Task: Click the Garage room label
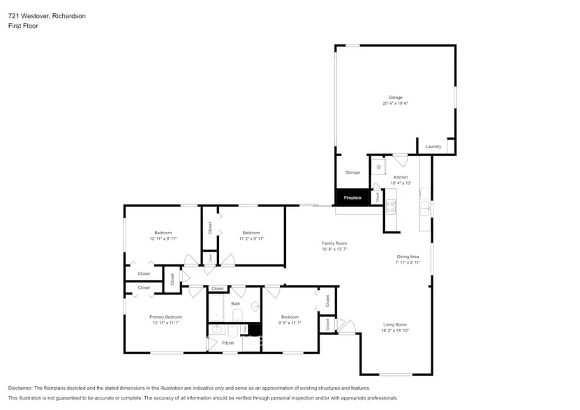tap(395, 97)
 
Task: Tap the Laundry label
tap(433, 146)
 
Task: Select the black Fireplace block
tap(352, 197)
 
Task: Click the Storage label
tap(352, 172)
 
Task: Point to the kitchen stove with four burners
tap(390, 206)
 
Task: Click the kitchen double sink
tap(424, 206)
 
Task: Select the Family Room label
tap(334, 243)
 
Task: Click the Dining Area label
tap(408, 257)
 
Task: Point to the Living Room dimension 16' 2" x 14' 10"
tap(394, 331)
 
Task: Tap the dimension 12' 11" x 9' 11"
tap(163, 238)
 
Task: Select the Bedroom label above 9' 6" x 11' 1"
tap(290, 317)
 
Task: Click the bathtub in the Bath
tap(215, 308)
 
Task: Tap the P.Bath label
tap(228, 342)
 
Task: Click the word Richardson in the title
tap(69, 15)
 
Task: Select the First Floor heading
tap(23, 26)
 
